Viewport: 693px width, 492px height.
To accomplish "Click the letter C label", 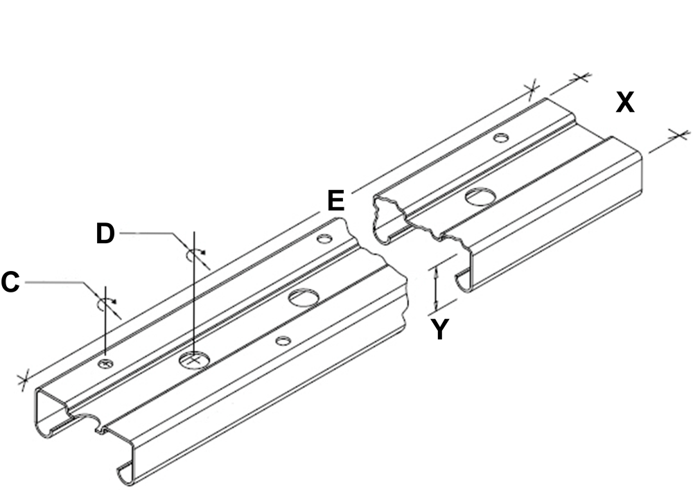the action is [x=10, y=283].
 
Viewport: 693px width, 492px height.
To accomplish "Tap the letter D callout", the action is [x=105, y=234].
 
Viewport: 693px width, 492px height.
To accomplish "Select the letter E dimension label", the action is [x=336, y=201].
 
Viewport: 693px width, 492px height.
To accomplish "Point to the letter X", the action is [x=625, y=103].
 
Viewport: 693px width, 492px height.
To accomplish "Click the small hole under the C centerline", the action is [x=105, y=363].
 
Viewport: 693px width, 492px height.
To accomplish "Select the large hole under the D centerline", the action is [x=194, y=359].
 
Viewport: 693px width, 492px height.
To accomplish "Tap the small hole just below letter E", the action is [x=325, y=238].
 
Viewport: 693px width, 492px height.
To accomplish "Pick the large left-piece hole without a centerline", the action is [x=304, y=297].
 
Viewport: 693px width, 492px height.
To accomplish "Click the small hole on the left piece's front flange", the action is [x=283, y=340].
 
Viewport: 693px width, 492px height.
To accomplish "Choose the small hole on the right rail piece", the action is [x=501, y=138].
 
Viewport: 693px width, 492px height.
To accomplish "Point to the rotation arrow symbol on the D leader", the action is [x=195, y=254].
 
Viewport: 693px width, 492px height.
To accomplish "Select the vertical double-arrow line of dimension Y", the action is [x=436, y=289].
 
